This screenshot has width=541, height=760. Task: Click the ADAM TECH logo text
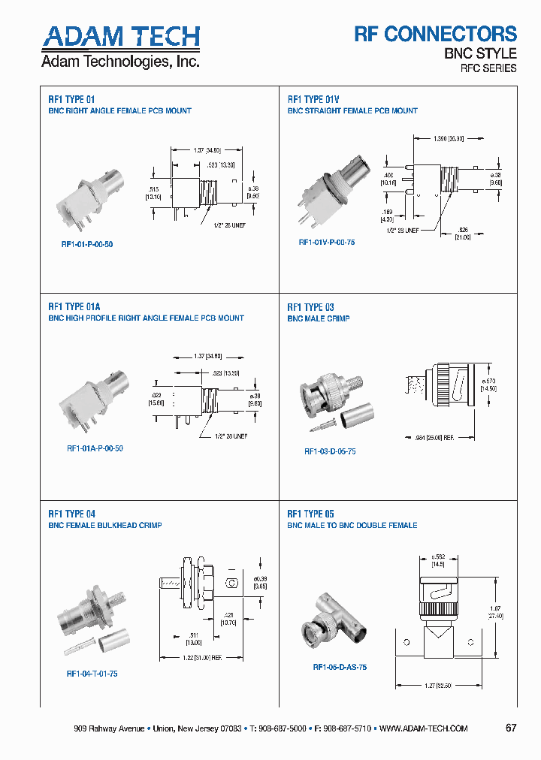(x=120, y=37)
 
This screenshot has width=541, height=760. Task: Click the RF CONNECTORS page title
(x=435, y=34)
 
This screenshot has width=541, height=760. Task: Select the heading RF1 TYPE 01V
(x=313, y=99)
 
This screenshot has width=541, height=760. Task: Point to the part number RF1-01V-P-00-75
(x=327, y=243)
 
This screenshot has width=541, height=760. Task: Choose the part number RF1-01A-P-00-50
(x=95, y=448)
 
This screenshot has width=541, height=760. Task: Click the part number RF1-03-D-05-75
(x=330, y=451)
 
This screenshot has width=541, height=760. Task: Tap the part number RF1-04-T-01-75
(x=92, y=674)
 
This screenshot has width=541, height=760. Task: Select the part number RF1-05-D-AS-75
(x=340, y=667)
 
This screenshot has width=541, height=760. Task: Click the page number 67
(x=511, y=728)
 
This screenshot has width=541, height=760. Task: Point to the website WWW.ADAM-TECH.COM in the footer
(x=424, y=728)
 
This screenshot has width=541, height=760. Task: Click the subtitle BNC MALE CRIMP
(x=318, y=318)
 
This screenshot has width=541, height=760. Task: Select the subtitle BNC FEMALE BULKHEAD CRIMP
(x=105, y=526)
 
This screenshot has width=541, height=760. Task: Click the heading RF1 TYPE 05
(x=311, y=514)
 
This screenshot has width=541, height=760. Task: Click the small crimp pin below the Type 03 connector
(x=324, y=427)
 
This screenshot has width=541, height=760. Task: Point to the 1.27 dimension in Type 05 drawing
(x=431, y=684)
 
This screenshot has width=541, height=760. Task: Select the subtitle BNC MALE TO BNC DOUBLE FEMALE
(x=352, y=526)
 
